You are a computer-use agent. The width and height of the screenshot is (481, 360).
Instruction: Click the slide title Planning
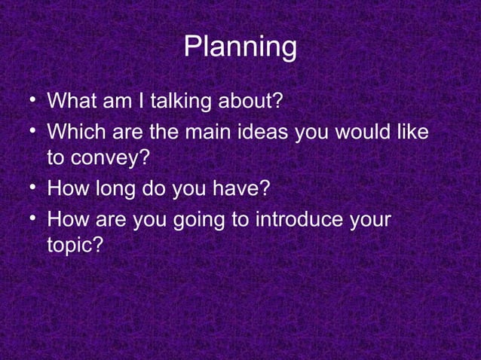point(240,47)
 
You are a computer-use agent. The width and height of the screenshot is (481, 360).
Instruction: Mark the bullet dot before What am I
point(28,99)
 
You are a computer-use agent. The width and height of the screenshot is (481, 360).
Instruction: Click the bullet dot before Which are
point(28,132)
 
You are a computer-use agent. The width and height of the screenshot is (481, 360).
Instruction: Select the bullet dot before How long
point(28,188)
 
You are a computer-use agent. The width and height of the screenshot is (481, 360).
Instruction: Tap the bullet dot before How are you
point(28,220)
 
